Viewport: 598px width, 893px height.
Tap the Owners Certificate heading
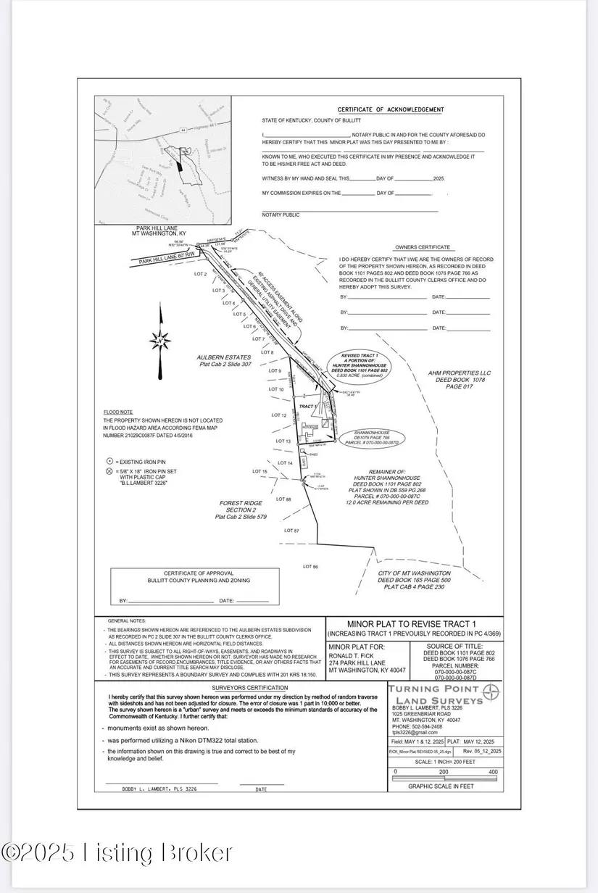point(423,247)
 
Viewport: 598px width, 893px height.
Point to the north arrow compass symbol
point(162,337)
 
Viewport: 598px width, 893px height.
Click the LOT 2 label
point(200,275)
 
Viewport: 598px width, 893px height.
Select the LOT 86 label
point(310,566)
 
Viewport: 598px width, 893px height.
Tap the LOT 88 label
point(283,499)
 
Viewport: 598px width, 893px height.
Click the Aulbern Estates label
point(224,357)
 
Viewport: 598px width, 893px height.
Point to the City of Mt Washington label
point(420,573)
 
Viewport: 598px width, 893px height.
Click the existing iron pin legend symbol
point(109,461)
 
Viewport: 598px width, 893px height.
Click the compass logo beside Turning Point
point(491,692)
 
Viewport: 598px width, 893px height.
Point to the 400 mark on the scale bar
point(493,773)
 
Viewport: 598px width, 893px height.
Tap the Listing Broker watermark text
point(117,852)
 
